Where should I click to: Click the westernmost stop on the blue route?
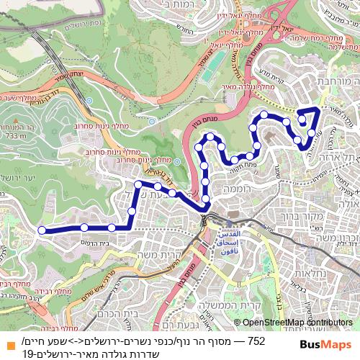pos(42,230)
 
